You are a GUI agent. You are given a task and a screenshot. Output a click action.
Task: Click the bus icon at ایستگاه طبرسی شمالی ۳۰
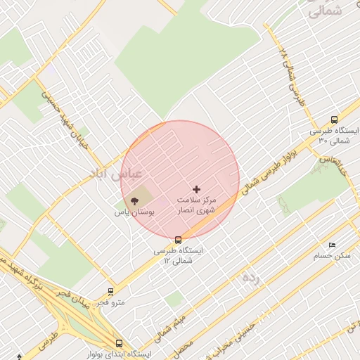coord(334,120)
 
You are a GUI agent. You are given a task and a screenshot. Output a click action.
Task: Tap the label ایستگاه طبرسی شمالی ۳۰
coord(334,136)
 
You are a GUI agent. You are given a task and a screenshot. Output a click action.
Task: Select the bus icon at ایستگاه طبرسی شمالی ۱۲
coord(178,240)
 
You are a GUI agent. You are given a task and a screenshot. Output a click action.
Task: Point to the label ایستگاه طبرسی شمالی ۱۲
coord(178,255)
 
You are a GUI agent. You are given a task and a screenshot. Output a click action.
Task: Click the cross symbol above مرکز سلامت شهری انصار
coord(196,189)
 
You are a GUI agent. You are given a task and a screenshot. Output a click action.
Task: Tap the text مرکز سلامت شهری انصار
coord(196,205)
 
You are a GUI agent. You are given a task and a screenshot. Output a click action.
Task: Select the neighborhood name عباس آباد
coord(117,172)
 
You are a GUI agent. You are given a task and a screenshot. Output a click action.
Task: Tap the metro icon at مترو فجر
coord(110,291)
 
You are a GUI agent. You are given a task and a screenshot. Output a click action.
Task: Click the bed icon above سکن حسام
coord(332,245)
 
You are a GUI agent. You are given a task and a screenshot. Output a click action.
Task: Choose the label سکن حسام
coord(332,255)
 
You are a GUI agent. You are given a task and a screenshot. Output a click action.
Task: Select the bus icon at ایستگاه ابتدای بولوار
coord(119,344)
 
